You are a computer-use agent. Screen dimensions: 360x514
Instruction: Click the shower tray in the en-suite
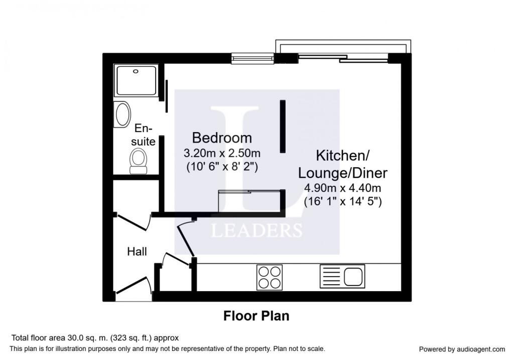136,80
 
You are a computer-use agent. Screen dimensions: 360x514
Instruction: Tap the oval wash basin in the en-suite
123,114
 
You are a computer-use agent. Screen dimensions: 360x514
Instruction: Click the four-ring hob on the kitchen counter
269,277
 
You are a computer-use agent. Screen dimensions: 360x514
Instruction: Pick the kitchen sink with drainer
342,276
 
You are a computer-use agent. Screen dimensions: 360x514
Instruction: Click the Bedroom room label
222,138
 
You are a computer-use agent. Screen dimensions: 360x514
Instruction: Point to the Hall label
137,251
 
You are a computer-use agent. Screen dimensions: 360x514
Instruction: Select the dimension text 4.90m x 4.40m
343,189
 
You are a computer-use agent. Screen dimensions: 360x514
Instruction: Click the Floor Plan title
256,316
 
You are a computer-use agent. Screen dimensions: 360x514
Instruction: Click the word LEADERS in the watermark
256,230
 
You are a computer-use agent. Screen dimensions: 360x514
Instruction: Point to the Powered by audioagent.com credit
462,349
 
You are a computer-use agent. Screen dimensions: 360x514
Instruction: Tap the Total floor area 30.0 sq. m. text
94,338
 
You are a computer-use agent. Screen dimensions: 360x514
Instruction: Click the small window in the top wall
252,59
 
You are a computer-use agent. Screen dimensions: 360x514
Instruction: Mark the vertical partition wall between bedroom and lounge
283,127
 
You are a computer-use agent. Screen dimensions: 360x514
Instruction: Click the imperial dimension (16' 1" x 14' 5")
343,202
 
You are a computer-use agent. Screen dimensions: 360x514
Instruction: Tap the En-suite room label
143,135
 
